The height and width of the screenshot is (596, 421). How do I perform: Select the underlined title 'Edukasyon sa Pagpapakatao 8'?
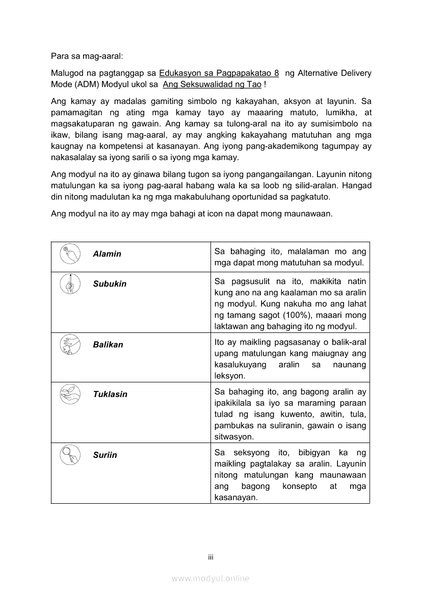pyautogui.click(x=219, y=73)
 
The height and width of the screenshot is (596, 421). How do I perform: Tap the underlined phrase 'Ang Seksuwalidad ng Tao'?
pyautogui.click(x=212, y=84)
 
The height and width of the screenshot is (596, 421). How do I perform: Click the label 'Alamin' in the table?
pyautogui.click(x=107, y=254)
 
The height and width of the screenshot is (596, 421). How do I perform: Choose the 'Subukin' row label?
pyautogui.click(x=110, y=284)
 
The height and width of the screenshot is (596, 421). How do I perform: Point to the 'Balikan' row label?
pyautogui.click(x=108, y=345)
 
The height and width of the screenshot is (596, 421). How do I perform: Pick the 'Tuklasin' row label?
pyautogui.click(x=110, y=395)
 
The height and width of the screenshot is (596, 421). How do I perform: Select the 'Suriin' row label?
pyautogui.click(x=105, y=455)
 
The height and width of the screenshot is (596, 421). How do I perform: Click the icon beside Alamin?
pyautogui.click(x=70, y=254)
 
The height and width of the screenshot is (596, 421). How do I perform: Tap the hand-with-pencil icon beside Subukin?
pyautogui.click(x=70, y=284)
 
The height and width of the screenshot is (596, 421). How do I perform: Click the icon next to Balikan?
pyautogui.click(x=70, y=345)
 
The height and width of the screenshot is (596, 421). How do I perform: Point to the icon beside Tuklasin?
pyautogui.click(x=70, y=395)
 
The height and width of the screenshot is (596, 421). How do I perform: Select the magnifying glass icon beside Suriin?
pyautogui.click(x=70, y=454)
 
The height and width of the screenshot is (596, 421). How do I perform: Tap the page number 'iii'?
pyautogui.click(x=210, y=557)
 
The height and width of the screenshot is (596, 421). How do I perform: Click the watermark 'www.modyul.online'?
pyautogui.click(x=210, y=578)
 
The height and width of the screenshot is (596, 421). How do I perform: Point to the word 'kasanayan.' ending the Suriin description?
pyautogui.click(x=236, y=498)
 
